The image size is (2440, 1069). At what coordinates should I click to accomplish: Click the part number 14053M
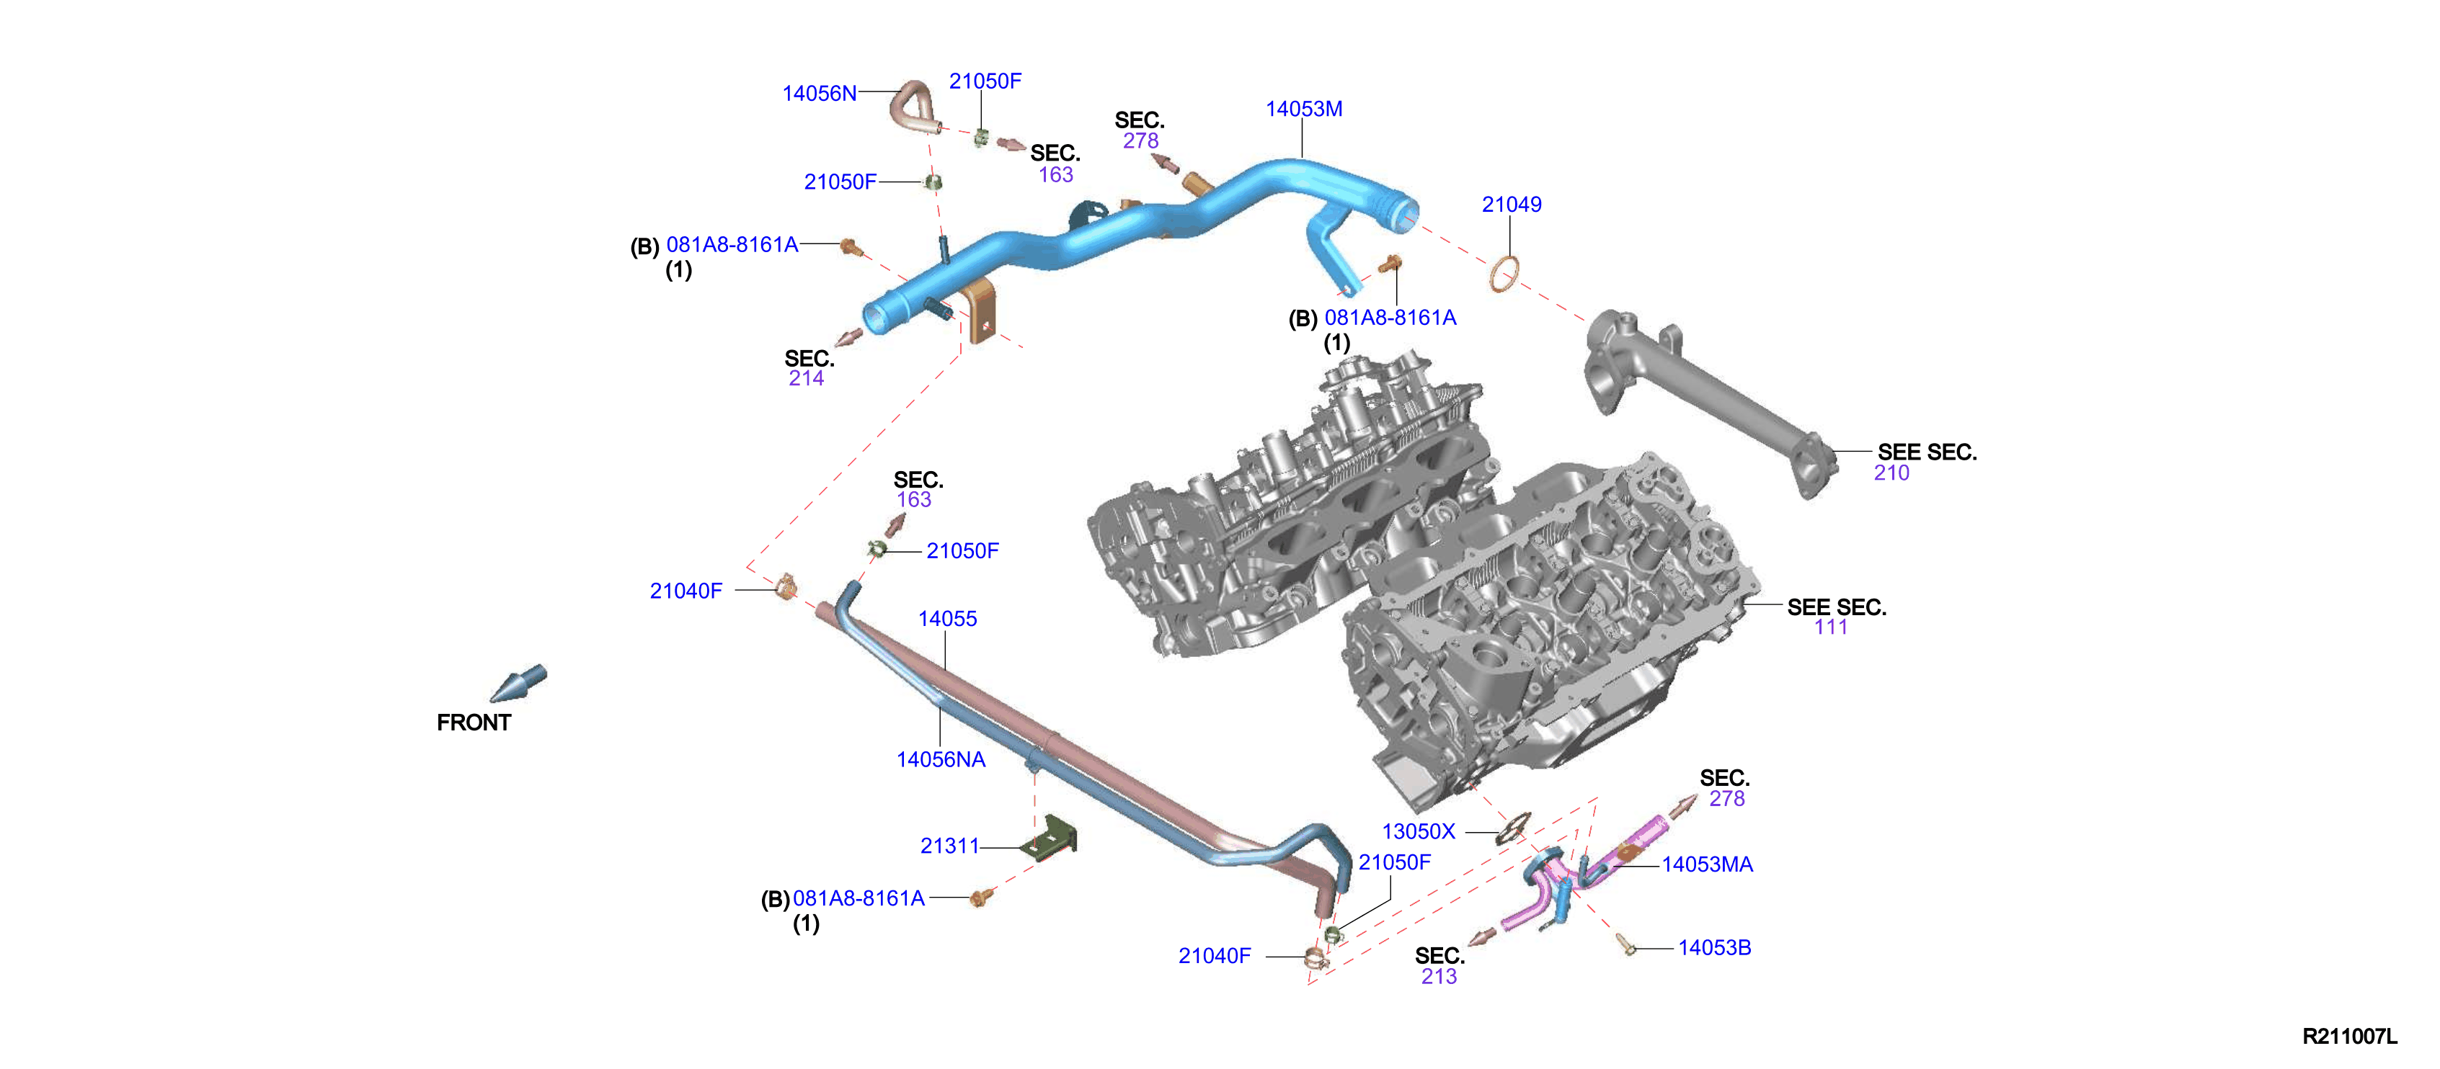1303,109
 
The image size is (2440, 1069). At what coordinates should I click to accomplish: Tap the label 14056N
820,94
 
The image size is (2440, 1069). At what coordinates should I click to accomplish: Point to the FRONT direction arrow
518,683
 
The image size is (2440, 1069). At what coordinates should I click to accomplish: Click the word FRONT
474,723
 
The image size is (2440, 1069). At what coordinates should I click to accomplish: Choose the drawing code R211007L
2350,1036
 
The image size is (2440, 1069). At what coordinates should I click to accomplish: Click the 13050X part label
1418,831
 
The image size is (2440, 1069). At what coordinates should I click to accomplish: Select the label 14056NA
941,759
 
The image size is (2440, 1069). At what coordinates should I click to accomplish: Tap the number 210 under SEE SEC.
1891,473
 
